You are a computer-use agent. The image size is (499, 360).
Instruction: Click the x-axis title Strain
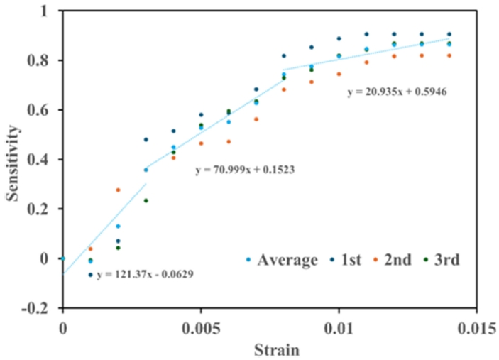[269, 349]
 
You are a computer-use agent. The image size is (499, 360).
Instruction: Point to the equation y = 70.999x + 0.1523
[245, 170]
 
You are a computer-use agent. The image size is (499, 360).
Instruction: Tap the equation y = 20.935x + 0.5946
[396, 92]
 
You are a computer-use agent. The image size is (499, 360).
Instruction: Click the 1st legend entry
[348, 261]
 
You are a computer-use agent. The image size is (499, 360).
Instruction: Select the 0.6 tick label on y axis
[40, 111]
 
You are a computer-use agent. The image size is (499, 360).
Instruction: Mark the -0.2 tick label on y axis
[38, 309]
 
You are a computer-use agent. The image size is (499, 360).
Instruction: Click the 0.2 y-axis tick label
[40, 209]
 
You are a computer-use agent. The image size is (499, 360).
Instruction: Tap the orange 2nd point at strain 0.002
[118, 190]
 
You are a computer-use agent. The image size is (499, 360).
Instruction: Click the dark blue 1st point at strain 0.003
[146, 139]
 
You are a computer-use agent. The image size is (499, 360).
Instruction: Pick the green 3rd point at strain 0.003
[146, 200]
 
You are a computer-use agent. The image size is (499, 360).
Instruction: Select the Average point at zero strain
[62, 258]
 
